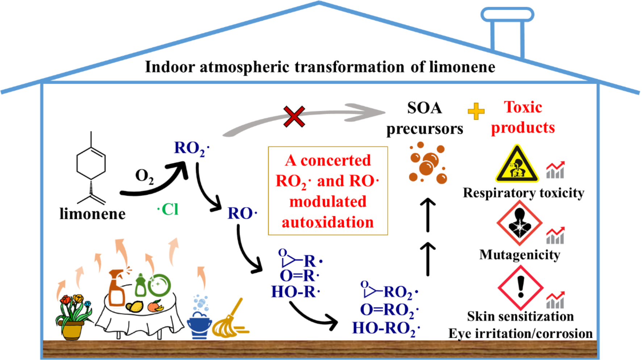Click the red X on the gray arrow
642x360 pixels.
pos(294,117)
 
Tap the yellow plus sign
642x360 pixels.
pos(476,111)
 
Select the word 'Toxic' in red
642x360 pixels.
pos(523,107)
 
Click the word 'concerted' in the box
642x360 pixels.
pos(335,160)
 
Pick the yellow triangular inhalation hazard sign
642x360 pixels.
pos(517,163)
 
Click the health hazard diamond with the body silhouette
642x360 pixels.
pos(519,223)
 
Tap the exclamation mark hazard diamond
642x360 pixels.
pos(520,288)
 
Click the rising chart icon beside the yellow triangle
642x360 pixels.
pos(555,169)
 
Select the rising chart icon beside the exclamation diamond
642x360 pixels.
pos(555,300)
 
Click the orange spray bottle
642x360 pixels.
pos(117,288)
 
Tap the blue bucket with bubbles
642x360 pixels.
pos(199,324)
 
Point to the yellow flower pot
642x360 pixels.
pos(72,330)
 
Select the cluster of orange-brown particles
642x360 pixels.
pos(428,163)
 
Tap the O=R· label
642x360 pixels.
pos(299,276)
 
